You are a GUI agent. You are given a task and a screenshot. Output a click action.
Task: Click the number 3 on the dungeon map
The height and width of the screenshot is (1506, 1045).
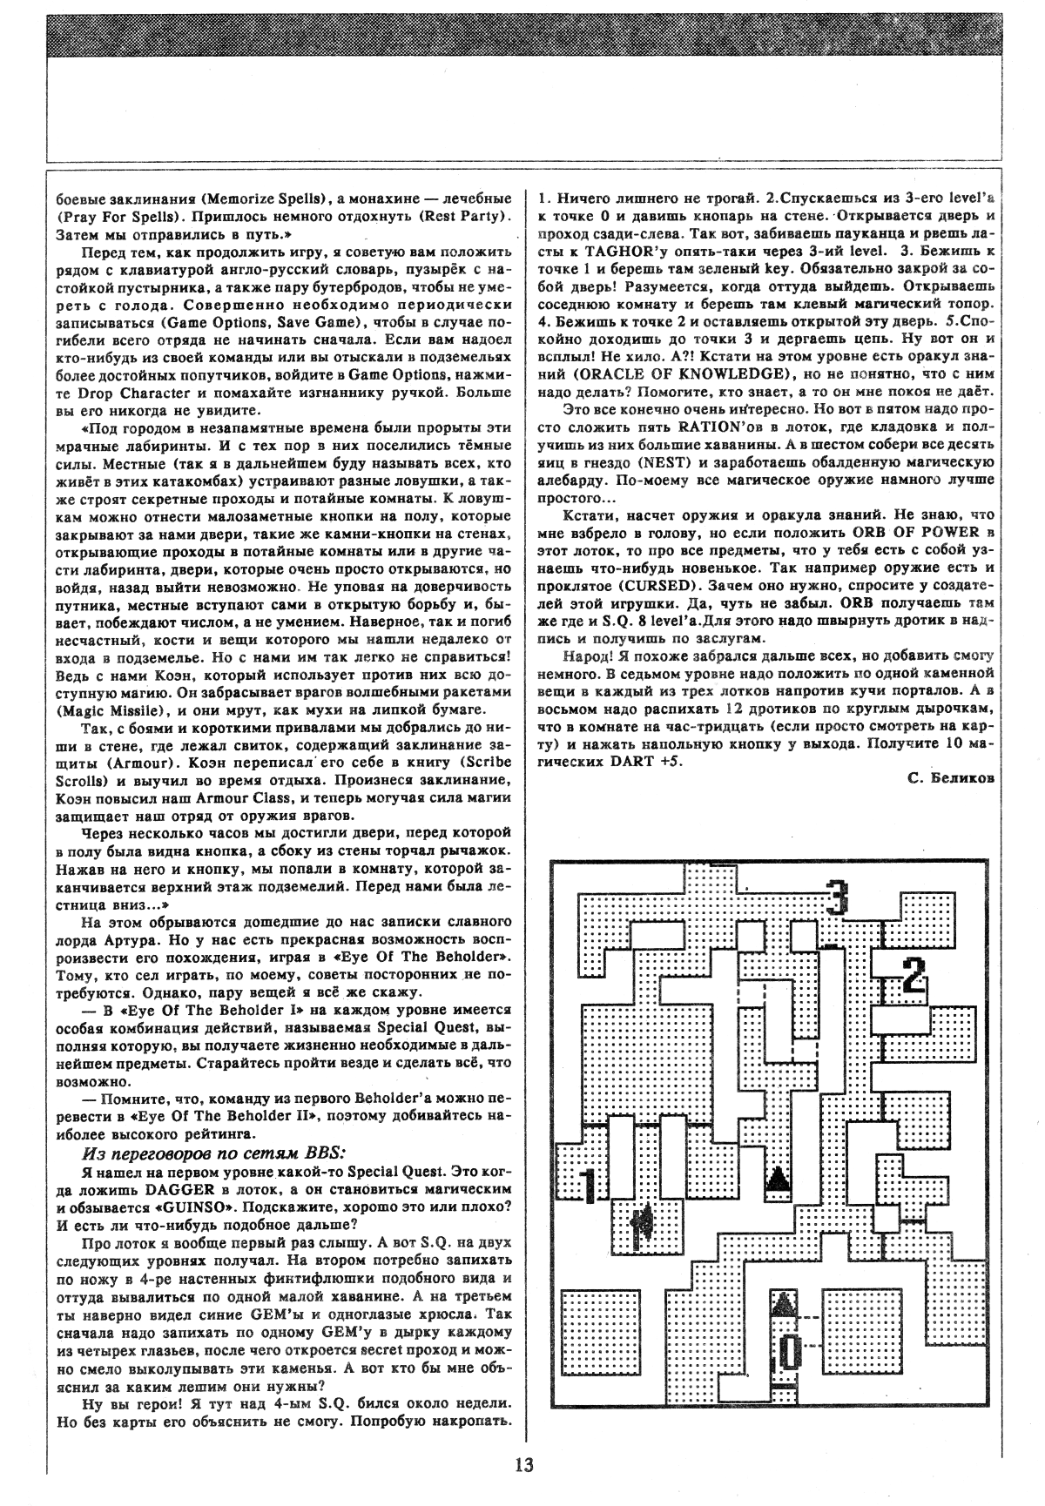[837, 898]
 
